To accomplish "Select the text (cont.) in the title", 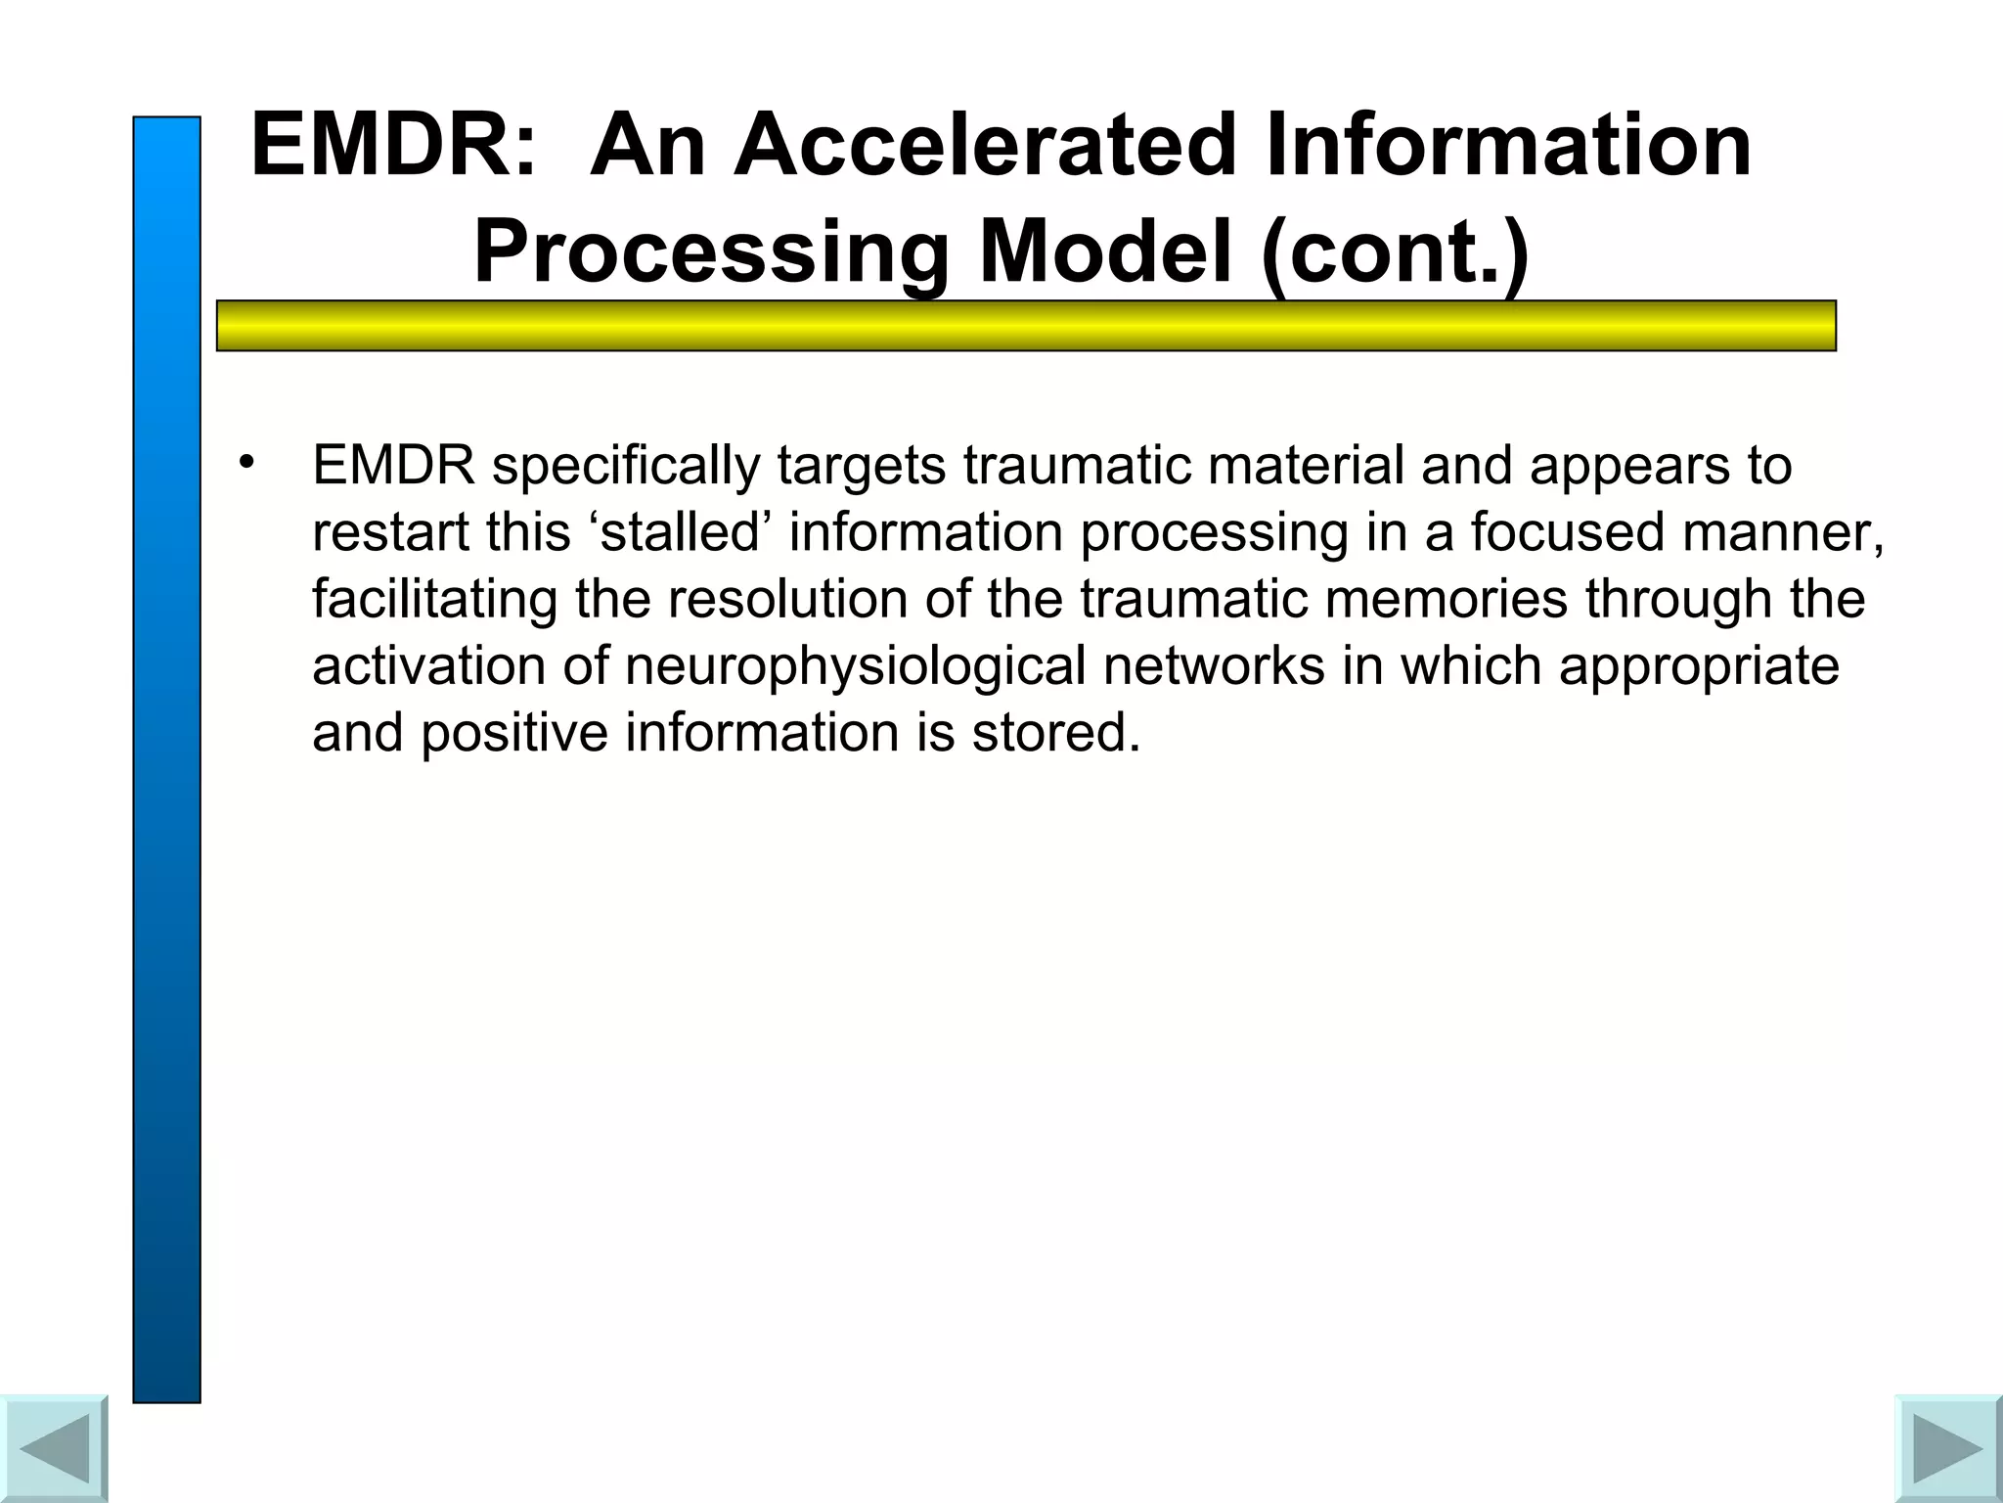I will coord(1395,252).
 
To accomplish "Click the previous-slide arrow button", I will coord(54,1448).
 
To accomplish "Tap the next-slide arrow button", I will coord(1947,1448).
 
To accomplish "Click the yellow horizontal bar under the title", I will coord(1025,326).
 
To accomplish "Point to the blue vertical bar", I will coord(166,758).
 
